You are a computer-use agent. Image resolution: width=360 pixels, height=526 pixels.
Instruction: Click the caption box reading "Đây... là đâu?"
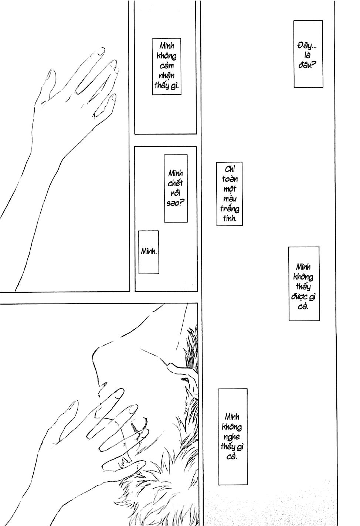coord(308,54)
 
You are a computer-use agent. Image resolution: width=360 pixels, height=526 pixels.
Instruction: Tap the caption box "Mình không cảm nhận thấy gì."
coord(166,66)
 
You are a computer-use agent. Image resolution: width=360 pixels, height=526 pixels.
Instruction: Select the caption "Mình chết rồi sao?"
coord(176,188)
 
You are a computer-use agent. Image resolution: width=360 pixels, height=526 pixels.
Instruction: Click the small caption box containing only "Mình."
coord(149,252)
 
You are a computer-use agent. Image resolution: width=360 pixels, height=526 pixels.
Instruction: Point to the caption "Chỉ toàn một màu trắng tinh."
coord(230,194)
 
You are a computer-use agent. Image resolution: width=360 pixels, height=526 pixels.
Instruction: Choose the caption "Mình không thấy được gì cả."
coord(304,283)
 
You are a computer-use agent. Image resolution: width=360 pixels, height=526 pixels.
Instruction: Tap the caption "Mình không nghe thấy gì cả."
coord(232,436)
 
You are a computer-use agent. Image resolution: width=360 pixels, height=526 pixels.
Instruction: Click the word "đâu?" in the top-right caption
coord(308,67)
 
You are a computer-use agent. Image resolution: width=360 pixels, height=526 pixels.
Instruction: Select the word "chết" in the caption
coord(176,183)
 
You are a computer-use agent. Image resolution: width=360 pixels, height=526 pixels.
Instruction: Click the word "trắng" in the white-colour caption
coord(230,209)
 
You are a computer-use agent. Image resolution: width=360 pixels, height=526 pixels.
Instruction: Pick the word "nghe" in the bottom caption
coord(232,437)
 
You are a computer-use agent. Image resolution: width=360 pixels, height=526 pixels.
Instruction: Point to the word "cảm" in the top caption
coord(166,66)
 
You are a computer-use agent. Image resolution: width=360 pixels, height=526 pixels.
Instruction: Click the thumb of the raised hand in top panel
coord(50,79)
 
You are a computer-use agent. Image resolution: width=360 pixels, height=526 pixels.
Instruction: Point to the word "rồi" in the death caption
coord(176,193)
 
